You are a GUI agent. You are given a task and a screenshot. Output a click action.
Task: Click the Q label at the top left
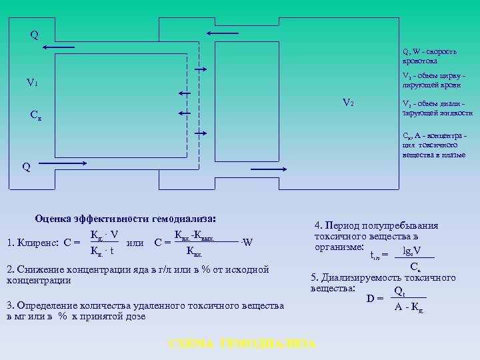34,34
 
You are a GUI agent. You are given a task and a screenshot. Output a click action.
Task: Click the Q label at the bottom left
26,167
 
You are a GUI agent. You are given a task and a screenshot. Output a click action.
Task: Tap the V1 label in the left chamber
32,83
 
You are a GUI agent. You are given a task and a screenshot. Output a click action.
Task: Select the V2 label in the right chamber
347,103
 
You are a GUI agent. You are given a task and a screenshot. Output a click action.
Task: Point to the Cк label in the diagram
36,114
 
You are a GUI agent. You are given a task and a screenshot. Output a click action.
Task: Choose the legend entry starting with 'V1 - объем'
437,80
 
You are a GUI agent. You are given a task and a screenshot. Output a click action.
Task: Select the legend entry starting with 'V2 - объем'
437,109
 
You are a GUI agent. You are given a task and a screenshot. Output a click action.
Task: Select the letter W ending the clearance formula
247,242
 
